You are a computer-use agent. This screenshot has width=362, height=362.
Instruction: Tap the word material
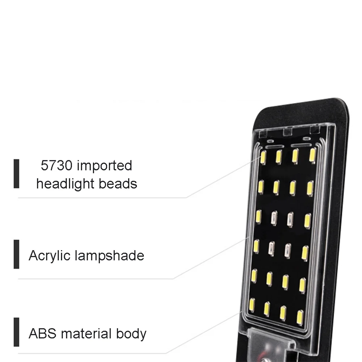pos(87,333)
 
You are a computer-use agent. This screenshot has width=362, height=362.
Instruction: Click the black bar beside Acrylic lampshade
pos(16,254)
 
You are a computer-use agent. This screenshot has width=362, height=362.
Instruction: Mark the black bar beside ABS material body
pos(16,332)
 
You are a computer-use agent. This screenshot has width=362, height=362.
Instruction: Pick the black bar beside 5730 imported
pos(16,173)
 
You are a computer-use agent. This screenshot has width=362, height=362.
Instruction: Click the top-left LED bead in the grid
pos(263,157)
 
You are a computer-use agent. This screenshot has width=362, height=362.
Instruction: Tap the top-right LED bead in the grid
pos(312,155)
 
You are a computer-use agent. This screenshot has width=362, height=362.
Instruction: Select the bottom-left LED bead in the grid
pos(252,305)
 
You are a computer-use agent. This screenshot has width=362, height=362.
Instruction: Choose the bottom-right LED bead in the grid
pos(300,317)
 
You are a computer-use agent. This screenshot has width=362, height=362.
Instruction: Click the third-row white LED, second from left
pos(274,218)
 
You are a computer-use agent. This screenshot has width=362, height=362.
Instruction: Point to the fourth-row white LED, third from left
pos(288,251)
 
